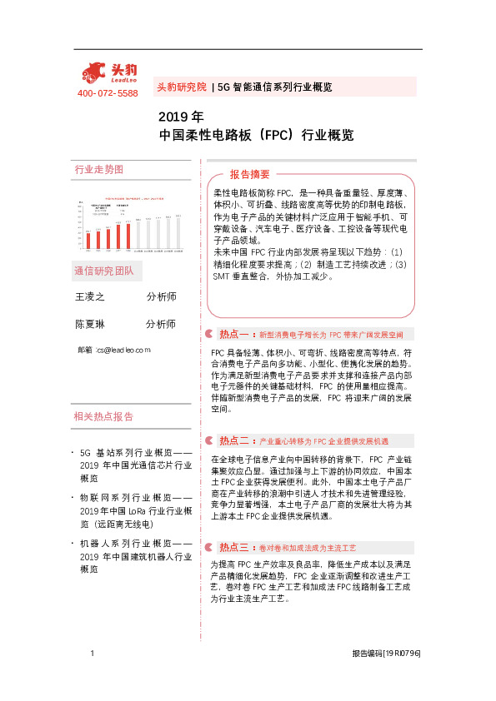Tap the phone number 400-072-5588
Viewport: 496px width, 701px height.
coord(107,93)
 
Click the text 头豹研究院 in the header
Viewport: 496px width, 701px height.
coord(181,87)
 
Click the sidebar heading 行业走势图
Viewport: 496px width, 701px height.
coord(99,170)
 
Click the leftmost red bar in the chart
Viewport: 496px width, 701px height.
coord(89,240)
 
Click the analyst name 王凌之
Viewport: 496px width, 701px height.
coord(90,296)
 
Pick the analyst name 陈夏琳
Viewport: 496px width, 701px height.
coord(90,324)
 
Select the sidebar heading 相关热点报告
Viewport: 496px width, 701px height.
coord(103,418)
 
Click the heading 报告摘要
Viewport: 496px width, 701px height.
coord(250,175)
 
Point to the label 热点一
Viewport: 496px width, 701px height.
coord(233,334)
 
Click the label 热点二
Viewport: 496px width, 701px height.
coord(233,440)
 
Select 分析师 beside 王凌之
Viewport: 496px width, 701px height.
coord(161,296)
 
